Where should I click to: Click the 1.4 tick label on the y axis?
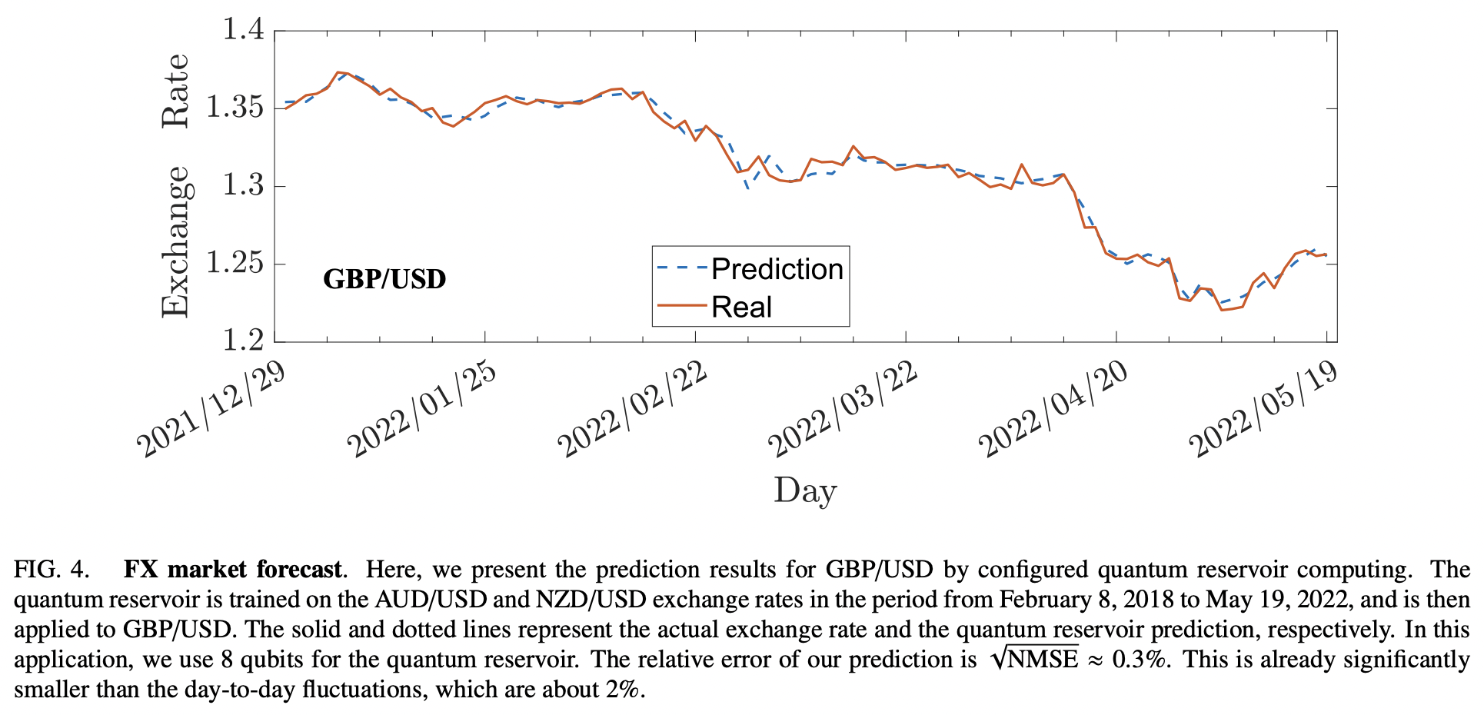pyautogui.click(x=243, y=30)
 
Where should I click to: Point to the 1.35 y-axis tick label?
pyautogui.click(x=235, y=108)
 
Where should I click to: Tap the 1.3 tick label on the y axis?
pyautogui.click(x=243, y=185)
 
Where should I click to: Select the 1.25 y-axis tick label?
pyautogui.click(x=235, y=263)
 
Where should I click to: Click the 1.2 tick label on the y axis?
pyautogui.click(x=243, y=341)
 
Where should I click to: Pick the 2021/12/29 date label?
pyautogui.click(x=211, y=409)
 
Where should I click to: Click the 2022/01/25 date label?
pyautogui.click(x=421, y=409)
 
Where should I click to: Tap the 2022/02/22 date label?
pyautogui.click(x=632, y=409)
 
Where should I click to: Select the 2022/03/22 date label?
pyautogui.click(x=843, y=409)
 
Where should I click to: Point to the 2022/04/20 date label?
pyautogui.click(x=1053, y=409)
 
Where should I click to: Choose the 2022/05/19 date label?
pyautogui.click(x=1263, y=409)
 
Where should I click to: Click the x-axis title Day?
pyautogui.click(x=805, y=491)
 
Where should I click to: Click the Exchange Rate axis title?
pyautogui.click(x=175, y=186)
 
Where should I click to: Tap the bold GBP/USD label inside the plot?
pyautogui.click(x=384, y=279)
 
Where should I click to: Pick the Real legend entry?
pyautogui.click(x=741, y=307)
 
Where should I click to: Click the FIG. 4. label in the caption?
pyautogui.click(x=52, y=570)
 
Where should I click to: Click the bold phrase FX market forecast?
pyautogui.click(x=232, y=570)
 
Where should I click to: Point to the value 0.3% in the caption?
pyautogui.click(x=1141, y=660)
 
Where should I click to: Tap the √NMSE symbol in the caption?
pyautogui.click(x=1035, y=660)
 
